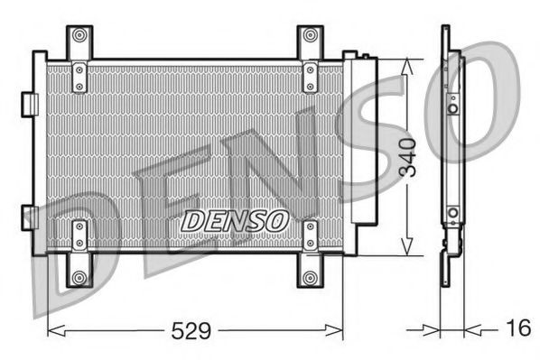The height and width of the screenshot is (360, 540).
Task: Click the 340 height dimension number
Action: click(407, 154)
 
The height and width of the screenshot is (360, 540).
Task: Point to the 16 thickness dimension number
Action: click(517, 328)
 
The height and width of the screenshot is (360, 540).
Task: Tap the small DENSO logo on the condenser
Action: click(235, 219)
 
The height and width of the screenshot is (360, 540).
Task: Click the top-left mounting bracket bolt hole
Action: click(79, 36)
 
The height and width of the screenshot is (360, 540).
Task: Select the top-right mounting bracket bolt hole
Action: click(310, 36)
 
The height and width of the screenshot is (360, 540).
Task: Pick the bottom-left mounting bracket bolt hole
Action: click(79, 276)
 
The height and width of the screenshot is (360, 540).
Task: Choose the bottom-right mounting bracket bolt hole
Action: click(310, 276)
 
